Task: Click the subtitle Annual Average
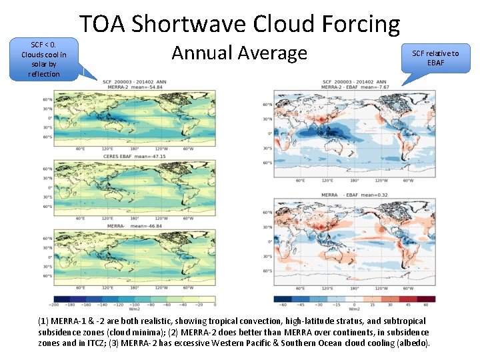(239, 52)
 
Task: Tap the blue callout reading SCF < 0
(44, 59)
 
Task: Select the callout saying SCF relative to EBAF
(435, 58)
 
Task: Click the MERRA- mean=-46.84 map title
(134, 226)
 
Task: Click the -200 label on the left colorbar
(55, 305)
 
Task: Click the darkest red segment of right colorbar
(427, 299)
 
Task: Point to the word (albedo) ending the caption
(413, 343)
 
